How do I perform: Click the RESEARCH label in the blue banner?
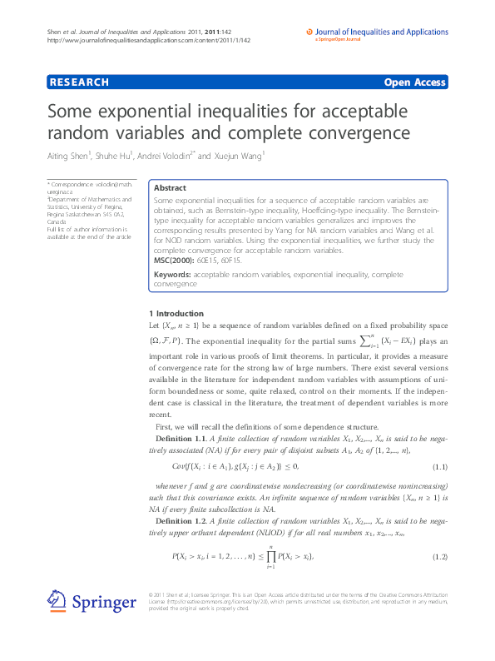pyautogui.click(x=80, y=82)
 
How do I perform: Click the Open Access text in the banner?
pyautogui.click(x=414, y=82)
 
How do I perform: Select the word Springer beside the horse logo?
pyautogui.click(x=103, y=602)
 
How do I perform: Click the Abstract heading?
pyautogui.click(x=170, y=188)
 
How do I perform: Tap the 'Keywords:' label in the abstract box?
pyautogui.click(x=173, y=274)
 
